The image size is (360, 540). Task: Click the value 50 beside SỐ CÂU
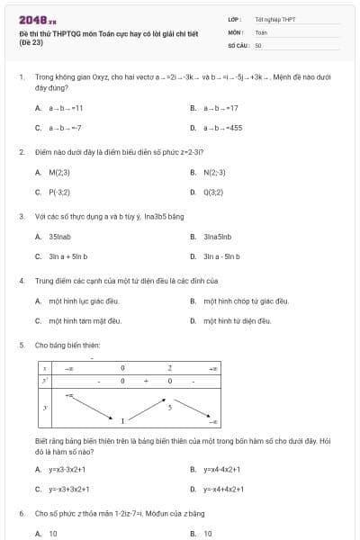tap(258, 44)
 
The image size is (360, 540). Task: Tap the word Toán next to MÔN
tap(261, 31)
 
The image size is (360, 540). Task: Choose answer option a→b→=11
tap(67, 107)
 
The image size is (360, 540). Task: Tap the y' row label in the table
tap(44, 381)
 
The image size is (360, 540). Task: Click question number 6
tap(22, 513)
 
